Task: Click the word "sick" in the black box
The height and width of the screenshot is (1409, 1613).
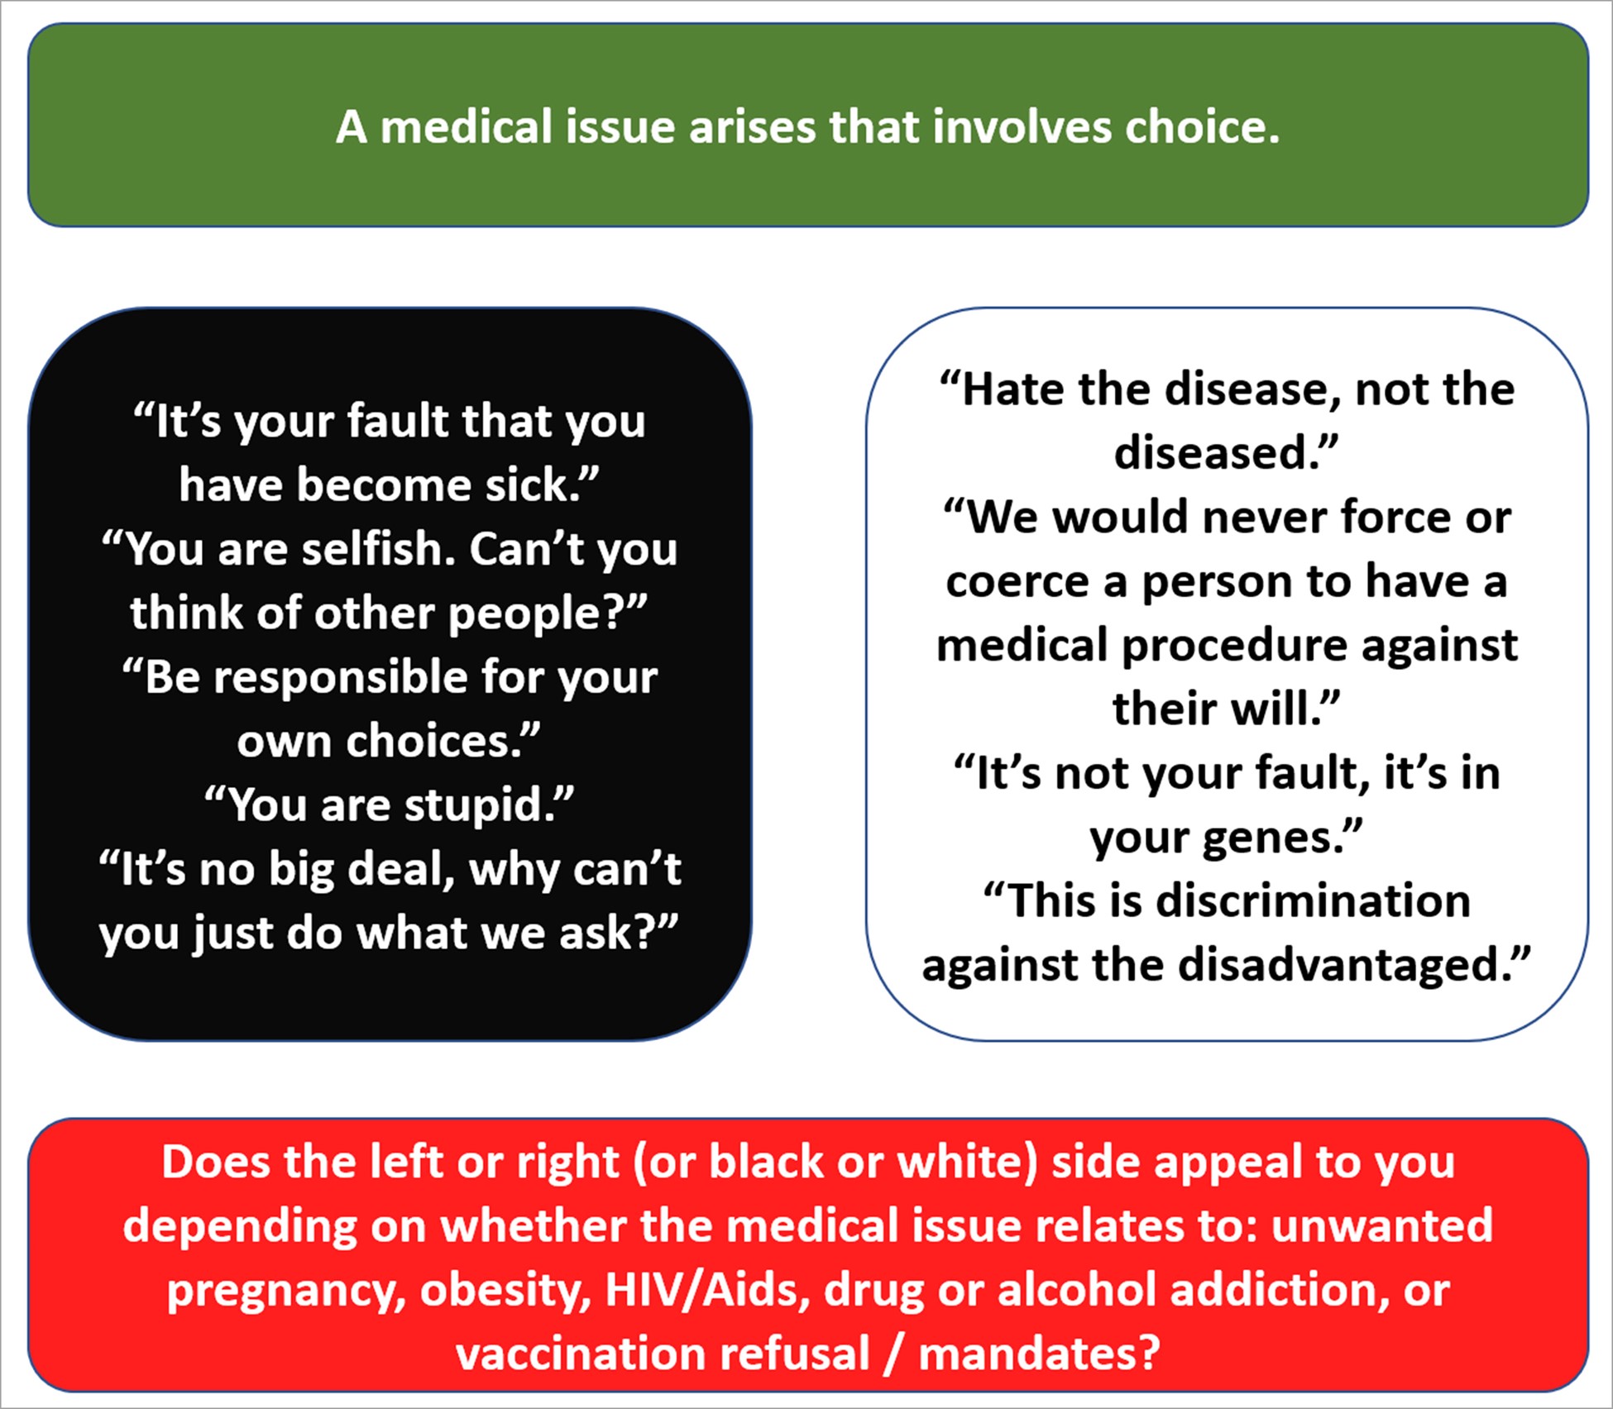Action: click(x=531, y=485)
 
